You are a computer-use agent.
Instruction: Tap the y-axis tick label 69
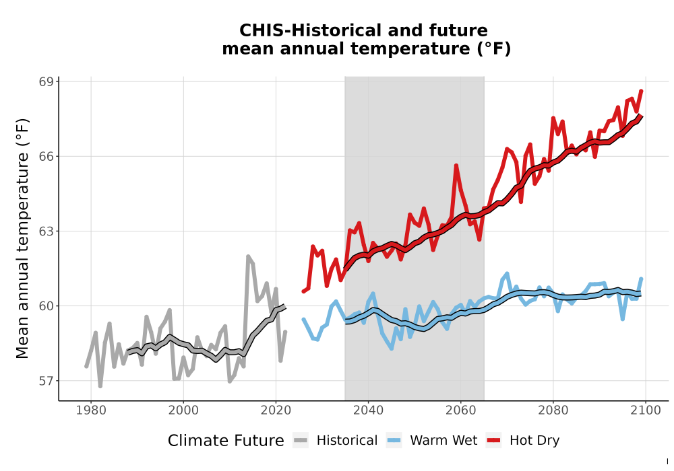click(47, 82)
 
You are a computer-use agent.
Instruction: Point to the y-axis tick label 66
click(47, 157)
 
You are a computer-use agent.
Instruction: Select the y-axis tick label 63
click(47, 231)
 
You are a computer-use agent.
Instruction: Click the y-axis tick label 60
click(47, 306)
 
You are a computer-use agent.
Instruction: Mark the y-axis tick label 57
click(47, 381)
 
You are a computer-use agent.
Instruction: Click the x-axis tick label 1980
click(91, 410)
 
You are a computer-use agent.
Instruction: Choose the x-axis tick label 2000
click(183, 410)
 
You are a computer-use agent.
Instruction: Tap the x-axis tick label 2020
click(276, 410)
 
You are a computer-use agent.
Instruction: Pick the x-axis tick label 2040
click(369, 410)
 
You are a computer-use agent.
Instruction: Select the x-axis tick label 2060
click(461, 410)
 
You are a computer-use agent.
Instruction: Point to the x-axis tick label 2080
click(553, 410)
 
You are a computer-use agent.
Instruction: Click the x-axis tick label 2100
click(646, 410)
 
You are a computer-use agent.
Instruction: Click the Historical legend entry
click(335, 441)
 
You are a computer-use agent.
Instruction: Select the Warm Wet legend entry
click(431, 441)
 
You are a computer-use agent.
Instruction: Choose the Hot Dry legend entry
click(523, 441)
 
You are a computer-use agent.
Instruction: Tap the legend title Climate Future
click(226, 441)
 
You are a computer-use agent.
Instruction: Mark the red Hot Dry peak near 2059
click(456, 166)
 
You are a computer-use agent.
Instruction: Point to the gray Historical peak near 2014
click(248, 256)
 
